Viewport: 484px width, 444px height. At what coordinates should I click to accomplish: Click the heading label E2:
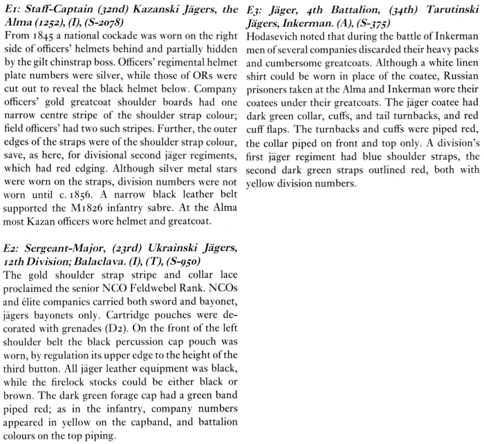tap(12, 248)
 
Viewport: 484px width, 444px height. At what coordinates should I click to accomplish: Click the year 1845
tap(42, 37)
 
